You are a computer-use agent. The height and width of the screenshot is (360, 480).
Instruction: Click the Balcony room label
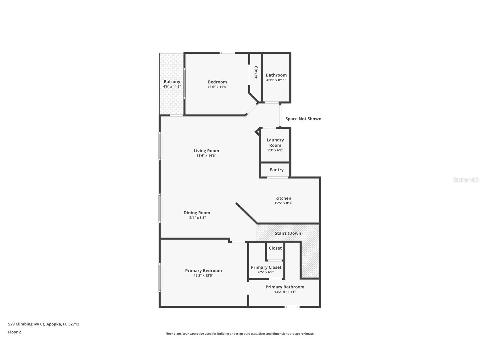tap(172, 82)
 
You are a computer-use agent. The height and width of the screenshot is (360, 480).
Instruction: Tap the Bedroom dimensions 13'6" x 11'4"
tap(217, 87)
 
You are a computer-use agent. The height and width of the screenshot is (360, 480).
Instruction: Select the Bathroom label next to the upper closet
tap(276, 75)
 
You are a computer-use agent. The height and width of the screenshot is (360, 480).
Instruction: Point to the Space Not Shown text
tap(303, 119)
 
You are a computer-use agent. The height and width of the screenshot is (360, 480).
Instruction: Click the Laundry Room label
tap(275, 142)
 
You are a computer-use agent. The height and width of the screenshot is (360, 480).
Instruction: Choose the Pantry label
tap(276, 170)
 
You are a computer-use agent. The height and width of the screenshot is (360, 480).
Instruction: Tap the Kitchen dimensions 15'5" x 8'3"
tap(283, 203)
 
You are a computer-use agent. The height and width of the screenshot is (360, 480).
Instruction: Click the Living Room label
tap(206, 151)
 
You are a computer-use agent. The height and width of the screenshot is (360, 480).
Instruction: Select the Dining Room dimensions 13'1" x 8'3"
tap(197, 218)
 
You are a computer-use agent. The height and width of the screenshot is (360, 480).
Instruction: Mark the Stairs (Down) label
tap(289, 233)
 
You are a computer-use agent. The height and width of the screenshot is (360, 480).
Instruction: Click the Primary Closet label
tap(266, 267)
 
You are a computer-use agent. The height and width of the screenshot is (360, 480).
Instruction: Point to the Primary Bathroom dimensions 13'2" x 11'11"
tap(285, 292)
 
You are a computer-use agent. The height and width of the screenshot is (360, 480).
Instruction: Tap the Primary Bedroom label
tap(203, 271)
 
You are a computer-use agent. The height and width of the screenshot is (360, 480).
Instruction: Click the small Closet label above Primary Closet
tap(275, 248)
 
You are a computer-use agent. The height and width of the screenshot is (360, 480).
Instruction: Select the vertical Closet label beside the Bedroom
tap(256, 72)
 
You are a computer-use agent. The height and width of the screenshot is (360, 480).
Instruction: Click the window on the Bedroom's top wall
tap(227, 53)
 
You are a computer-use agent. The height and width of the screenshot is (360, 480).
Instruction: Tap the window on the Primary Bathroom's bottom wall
tap(292, 307)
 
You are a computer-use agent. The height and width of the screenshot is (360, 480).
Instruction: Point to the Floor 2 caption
tap(14, 332)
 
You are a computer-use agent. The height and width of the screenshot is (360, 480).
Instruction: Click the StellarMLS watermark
tap(466, 180)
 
